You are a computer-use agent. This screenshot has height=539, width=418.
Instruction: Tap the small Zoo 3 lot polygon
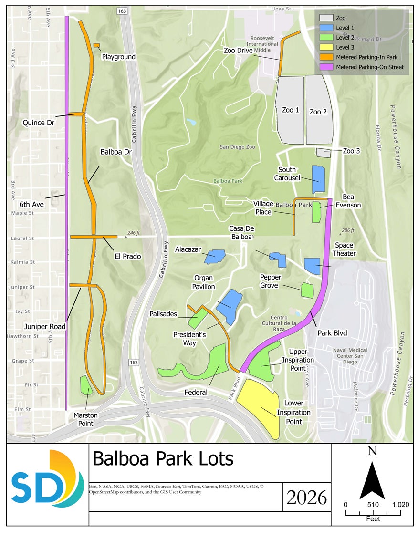[324, 153]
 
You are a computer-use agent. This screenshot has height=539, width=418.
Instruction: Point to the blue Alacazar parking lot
[214, 257]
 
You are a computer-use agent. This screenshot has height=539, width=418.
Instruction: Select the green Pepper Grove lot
[307, 290]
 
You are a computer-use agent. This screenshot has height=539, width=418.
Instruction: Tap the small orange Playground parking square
[96, 45]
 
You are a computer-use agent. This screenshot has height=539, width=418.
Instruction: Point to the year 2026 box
[306, 497]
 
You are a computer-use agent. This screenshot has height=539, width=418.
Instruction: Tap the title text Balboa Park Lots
[163, 459]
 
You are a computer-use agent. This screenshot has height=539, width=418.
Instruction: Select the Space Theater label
[344, 249]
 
